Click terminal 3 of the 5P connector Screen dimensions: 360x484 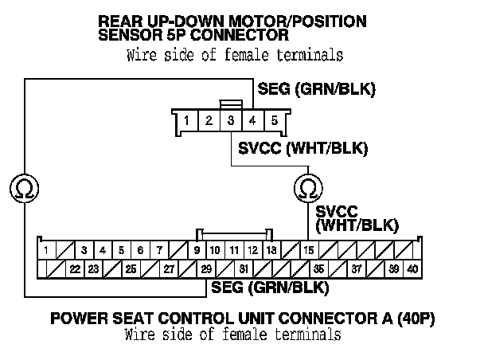click(230, 122)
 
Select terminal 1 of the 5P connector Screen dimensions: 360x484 click(185, 122)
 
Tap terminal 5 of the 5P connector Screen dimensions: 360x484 click(274, 122)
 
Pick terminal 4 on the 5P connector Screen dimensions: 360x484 click(252, 122)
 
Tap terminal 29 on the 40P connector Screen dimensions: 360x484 click(206, 269)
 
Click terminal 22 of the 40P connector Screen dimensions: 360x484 click(74, 269)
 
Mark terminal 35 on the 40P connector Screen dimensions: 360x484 click(318, 269)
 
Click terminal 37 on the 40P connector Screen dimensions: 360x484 click(357, 269)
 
